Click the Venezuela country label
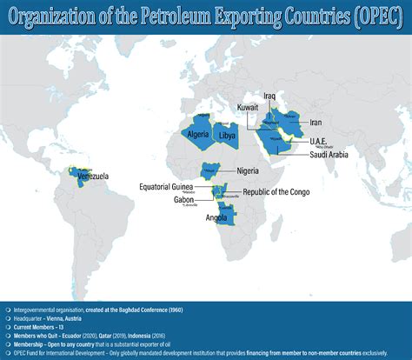[x=93, y=177]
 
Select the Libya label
[x=227, y=137]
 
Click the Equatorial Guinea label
[x=174, y=185]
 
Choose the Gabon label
[x=184, y=199]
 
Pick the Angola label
[x=216, y=218]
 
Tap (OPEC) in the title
[x=372, y=16]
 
